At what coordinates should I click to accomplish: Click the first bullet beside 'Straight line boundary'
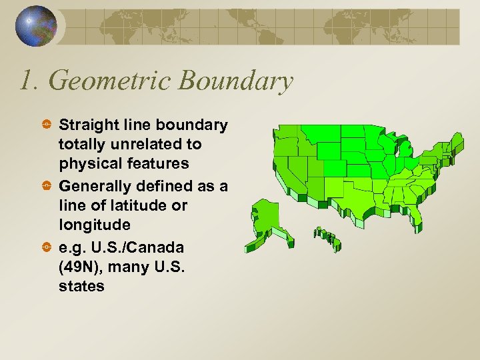[46, 125]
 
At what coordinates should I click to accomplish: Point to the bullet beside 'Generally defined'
[46, 186]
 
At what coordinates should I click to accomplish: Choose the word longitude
[92, 225]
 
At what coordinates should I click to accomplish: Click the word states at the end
[81, 286]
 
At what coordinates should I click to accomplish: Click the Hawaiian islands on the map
[327, 237]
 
